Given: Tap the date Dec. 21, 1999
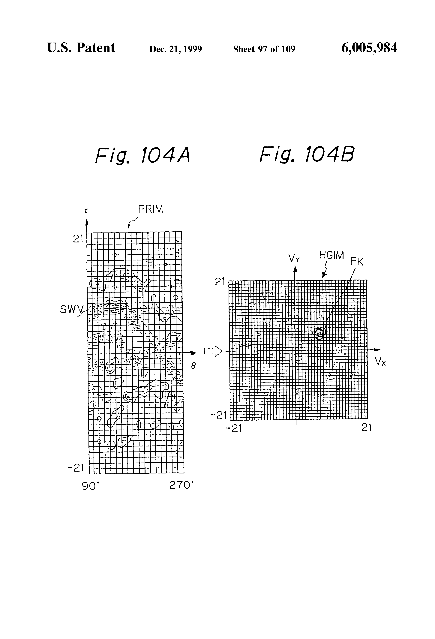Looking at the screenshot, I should tap(175, 49).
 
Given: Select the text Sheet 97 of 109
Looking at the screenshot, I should tap(264, 49).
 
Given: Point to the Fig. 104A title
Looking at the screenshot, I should tap(142, 155).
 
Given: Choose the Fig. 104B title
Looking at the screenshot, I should tap(307, 155).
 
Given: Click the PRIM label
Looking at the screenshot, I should tap(150, 209).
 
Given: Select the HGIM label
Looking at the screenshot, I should tap(331, 255).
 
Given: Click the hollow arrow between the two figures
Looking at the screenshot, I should tap(213, 351).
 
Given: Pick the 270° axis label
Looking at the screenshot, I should tap(181, 485).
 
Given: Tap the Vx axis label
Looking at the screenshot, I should tap(380, 362).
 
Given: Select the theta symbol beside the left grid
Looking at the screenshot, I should tap(193, 366).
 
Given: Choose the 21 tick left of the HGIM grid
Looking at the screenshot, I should tap(220, 282).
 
